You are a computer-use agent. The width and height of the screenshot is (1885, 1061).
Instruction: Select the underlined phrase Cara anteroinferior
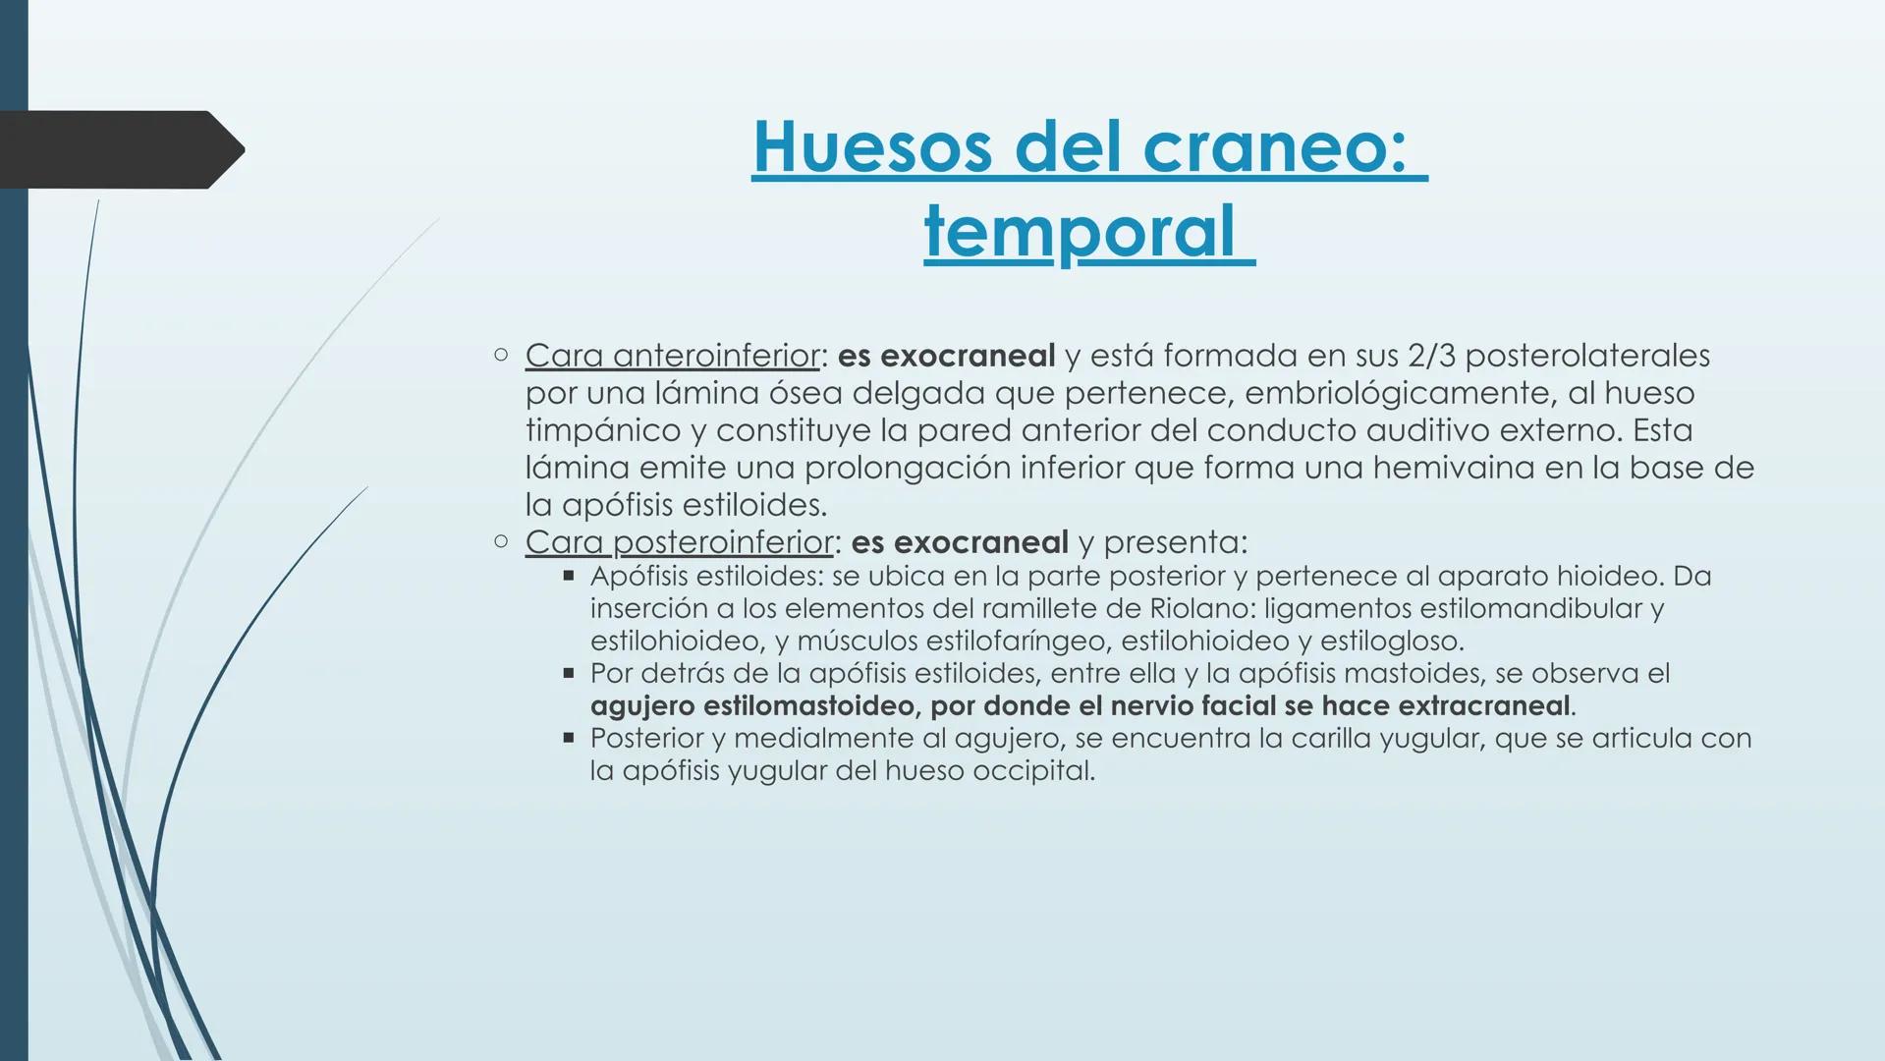[672, 356]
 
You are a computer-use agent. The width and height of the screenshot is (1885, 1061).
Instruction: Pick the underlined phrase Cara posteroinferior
[679, 542]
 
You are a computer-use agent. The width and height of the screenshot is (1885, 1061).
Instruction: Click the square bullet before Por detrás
[568, 674]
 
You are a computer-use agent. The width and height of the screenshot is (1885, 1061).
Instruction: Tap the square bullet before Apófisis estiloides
[568, 576]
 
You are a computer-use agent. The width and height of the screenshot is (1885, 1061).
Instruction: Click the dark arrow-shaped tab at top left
[118, 149]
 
